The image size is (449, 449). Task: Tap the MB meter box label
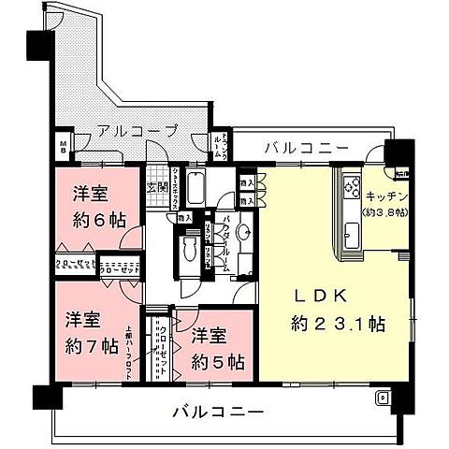click(x=64, y=145)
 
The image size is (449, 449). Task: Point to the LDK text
click(x=323, y=297)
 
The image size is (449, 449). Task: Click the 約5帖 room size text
click(x=218, y=361)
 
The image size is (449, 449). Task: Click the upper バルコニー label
click(x=306, y=146)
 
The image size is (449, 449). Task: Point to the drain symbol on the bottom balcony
click(x=382, y=398)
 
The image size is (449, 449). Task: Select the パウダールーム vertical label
click(x=224, y=241)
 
